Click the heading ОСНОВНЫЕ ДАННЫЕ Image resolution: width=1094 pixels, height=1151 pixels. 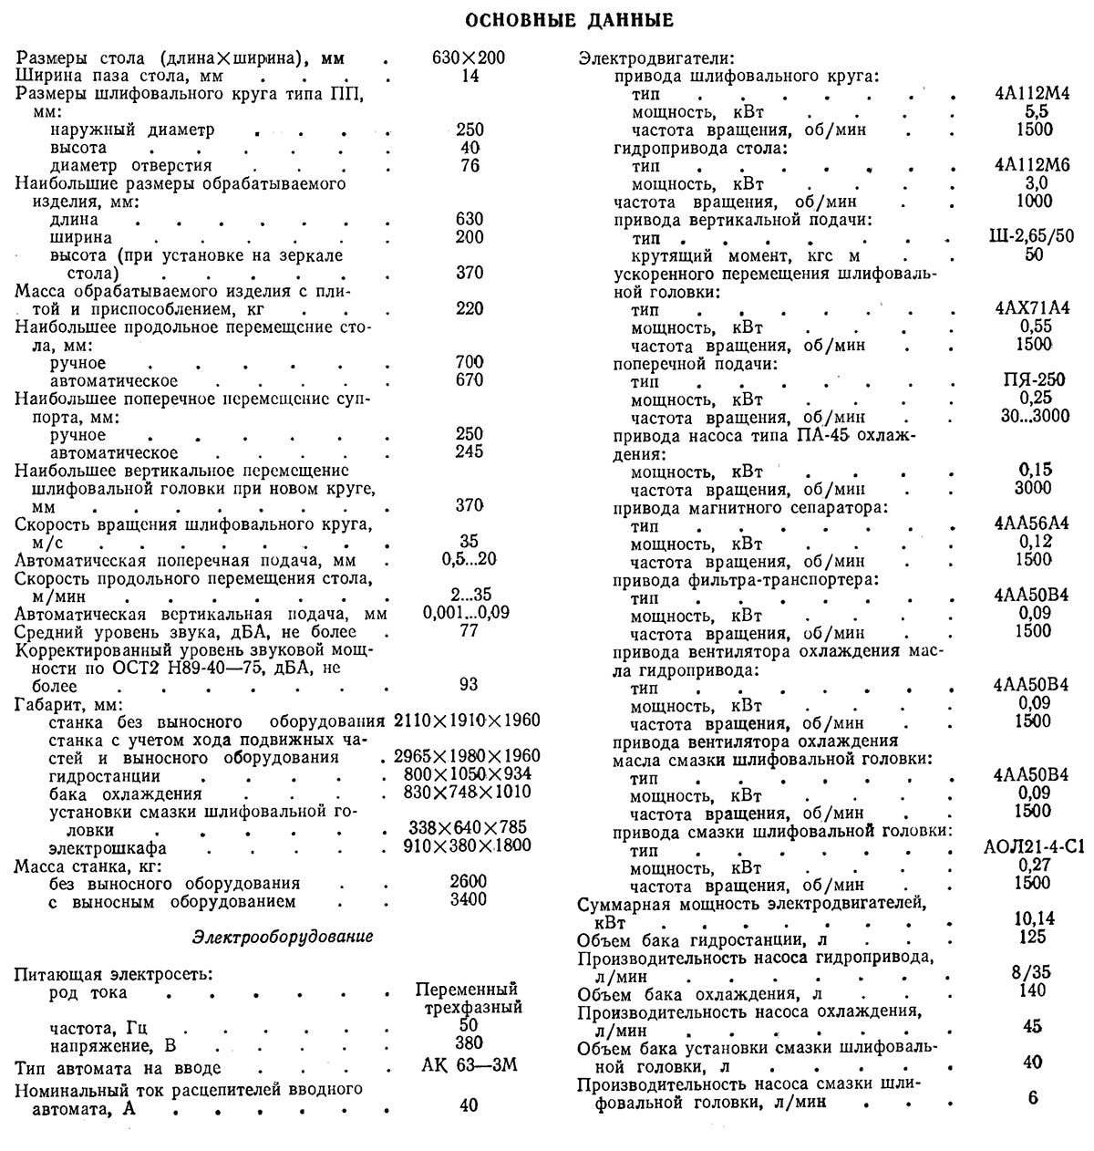tap(556, 20)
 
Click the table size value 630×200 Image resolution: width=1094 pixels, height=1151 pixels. tap(469, 58)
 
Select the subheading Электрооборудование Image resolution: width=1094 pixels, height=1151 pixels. tap(284, 937)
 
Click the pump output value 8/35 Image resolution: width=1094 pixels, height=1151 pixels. tap(1033, 973)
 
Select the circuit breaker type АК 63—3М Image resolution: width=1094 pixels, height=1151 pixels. tap(470, 1065)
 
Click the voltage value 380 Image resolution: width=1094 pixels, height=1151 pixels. tap(469, 1043)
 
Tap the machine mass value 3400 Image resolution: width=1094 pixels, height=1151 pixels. tap(469, 900)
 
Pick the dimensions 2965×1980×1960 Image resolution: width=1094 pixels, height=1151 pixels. tap(467, 756)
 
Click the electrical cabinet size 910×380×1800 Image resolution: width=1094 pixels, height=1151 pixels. tap(467, 845)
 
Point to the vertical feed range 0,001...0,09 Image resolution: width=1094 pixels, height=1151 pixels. tap(467, 613)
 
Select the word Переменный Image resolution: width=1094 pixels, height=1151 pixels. tap(467, 990)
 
